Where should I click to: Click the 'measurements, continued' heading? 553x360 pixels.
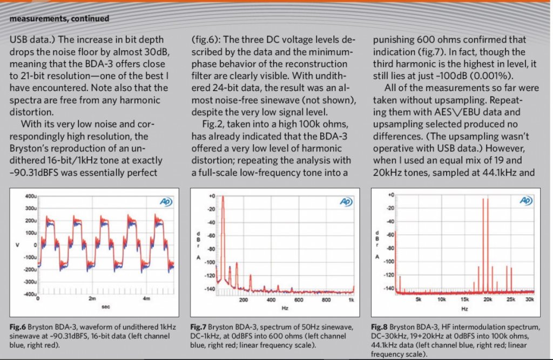[59, 18]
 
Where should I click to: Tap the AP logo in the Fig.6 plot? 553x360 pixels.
[166, 202]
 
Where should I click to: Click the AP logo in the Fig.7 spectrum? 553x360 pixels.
[346, 202]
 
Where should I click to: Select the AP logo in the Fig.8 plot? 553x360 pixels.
[526, 201]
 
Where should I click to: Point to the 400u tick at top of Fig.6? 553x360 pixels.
[30, 196]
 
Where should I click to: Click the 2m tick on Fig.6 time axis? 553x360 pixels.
[92, 298]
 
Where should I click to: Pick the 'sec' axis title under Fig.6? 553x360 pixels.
[106, 307]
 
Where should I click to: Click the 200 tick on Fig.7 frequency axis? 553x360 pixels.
[244, 300]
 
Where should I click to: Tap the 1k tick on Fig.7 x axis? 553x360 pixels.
[351, 300]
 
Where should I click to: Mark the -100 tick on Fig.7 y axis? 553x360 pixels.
[210, 262]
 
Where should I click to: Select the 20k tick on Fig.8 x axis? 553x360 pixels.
[488, 300]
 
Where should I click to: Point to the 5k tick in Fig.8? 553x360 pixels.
[419, 300]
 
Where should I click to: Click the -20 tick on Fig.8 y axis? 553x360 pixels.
[390, 208]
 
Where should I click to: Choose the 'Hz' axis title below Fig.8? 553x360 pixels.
[465, 309]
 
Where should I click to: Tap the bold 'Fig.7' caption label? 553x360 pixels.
[199, 327]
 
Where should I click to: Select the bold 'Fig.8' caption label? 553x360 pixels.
[379, 327]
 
